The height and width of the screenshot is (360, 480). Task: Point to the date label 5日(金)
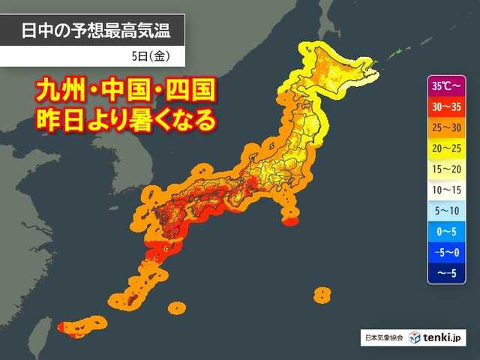(x=154, y=55)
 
